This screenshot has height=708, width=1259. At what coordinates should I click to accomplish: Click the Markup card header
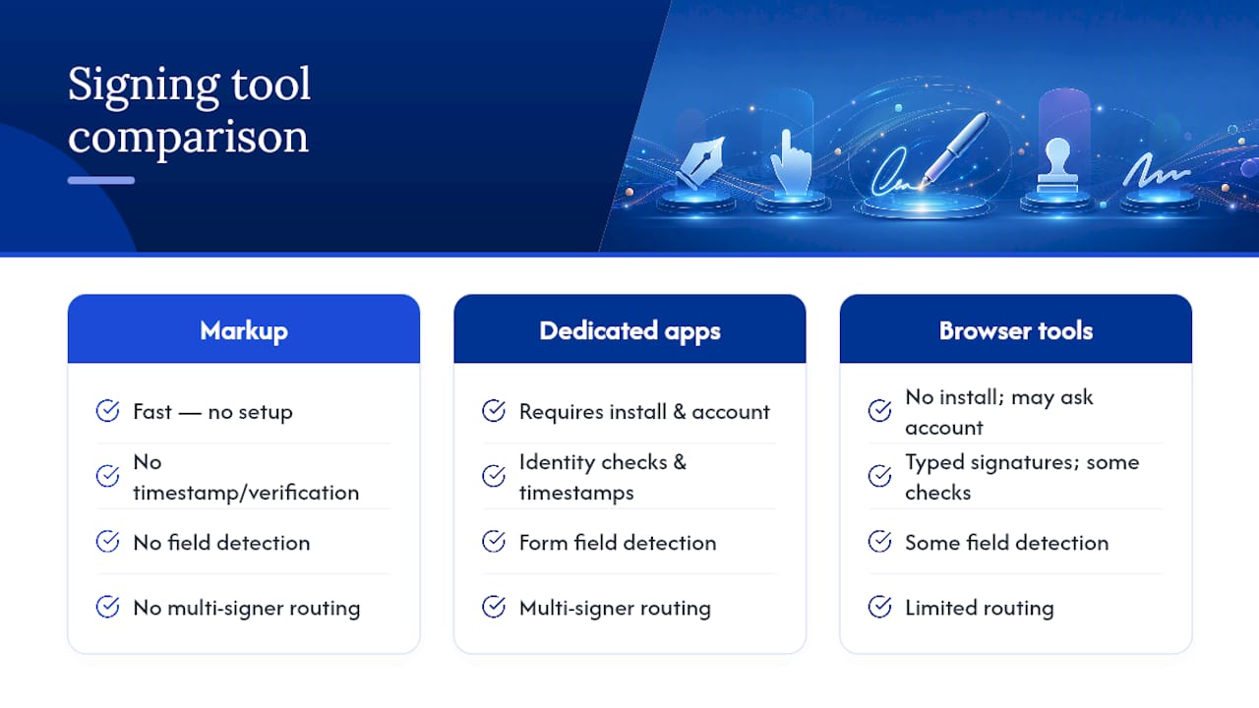[x=243, y=328]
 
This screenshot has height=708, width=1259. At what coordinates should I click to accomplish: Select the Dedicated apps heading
[x=629, y=331]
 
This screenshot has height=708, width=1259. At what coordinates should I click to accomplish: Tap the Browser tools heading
[x=1016, y=331]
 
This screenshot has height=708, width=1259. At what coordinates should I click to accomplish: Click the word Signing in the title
[x=144, y=86]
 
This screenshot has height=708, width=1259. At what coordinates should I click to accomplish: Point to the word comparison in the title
[x=188, y=137]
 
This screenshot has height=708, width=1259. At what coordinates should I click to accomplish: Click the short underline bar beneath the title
[x=101, y=180]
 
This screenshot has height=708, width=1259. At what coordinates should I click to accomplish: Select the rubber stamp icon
[x=1057, y=166]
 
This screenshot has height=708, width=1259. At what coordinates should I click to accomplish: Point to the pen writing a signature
[x=955, y=147]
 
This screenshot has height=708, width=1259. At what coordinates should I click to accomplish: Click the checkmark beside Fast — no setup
[x=107, y=411]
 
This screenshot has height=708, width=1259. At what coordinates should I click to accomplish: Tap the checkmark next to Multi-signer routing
[x=494, y=607]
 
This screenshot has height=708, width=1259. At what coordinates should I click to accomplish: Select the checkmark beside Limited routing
[x=879, y=607]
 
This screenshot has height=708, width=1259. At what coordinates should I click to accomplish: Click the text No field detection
[x=221, y=543]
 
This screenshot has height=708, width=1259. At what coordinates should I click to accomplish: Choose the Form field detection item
[x=618, y=543]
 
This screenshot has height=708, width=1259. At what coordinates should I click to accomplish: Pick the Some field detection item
[x=1006, y=543]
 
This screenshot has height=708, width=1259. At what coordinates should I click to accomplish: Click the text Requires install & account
[x=644, y=412]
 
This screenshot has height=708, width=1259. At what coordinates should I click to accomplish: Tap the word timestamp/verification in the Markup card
[x=246, y=493]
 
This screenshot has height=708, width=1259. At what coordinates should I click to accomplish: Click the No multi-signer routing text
[x=247, y=608]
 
